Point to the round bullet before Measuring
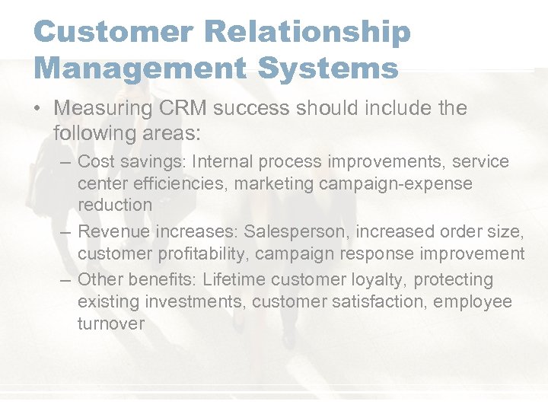tap(38, 109)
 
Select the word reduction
tap(115, 205)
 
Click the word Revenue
tap(111, 231)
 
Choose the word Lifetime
tap(236, 279)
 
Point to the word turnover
tap(111, 323)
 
